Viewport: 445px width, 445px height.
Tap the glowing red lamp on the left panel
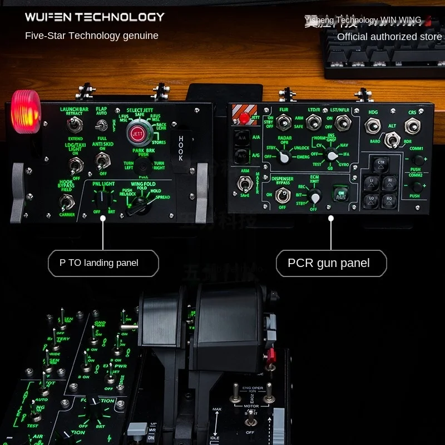(26, 110)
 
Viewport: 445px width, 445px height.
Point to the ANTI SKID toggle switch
(102, 162)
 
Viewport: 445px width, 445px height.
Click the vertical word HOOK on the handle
(180, 149)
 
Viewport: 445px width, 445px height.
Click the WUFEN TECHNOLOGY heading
(95, 17)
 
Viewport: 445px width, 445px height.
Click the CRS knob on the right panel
(412, 126)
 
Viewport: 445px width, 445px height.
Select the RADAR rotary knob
(285, 157)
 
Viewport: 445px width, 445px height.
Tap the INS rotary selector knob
(331, 155)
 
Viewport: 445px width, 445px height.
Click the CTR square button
(381, 164)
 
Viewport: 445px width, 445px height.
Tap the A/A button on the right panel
(241, 137)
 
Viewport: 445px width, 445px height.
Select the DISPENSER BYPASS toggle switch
(283, 195)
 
